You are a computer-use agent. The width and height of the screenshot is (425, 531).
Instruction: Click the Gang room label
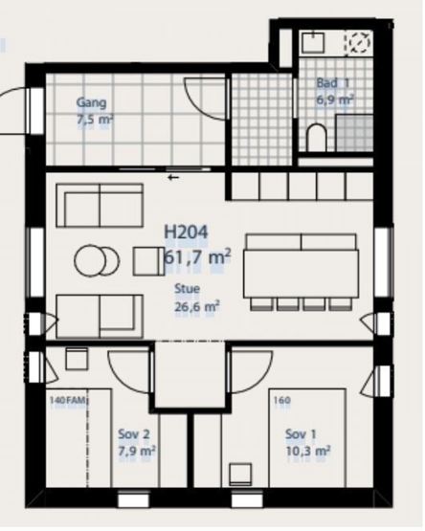tap(91, 102)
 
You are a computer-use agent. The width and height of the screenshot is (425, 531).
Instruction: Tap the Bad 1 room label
tap(332, 83)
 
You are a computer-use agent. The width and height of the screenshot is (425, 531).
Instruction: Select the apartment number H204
tap(186, 232)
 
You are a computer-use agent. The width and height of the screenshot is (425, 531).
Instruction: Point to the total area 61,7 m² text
tap(197, 257)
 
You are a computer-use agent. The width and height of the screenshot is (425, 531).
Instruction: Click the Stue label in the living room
tap(187, 289)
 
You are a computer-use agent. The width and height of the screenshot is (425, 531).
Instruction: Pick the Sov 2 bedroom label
tap(134, 434)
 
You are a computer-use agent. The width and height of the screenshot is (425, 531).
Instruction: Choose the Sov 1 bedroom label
tap(301, 434)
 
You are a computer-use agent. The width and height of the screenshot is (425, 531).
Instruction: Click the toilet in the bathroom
tap(317, 138)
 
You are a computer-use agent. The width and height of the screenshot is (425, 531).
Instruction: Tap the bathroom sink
tap(313, 42)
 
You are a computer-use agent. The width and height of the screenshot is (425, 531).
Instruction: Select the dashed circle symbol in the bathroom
tap(359, 43)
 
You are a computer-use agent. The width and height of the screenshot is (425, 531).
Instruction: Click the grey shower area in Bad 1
tap(354, 133)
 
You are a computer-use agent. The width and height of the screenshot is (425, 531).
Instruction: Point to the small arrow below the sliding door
tap(173, 177)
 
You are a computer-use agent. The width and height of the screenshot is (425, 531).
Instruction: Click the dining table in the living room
tap(301, 274)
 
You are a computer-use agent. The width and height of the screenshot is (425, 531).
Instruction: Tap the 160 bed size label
tap(282, 400)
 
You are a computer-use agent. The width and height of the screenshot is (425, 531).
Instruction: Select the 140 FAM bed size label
tap(68, 400)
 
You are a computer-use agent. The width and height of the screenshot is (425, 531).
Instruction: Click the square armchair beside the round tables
tap(149, 261)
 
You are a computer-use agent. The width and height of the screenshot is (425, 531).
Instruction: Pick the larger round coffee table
tap(90, 260)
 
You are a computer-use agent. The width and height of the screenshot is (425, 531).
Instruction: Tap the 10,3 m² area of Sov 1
tap(308, 451)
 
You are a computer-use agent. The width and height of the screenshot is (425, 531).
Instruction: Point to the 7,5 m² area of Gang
tap(95, 120)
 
